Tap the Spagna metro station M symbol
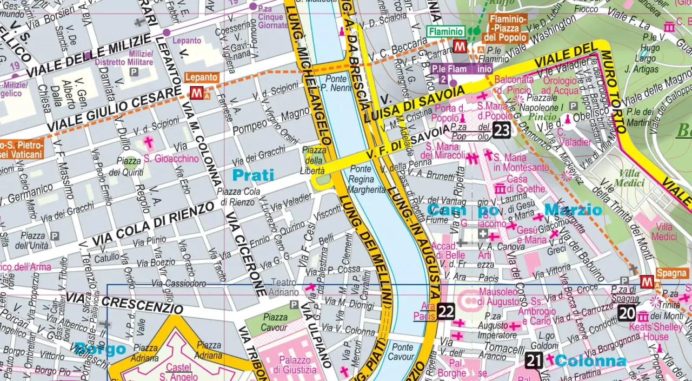[646, 282]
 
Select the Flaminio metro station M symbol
[460, 46]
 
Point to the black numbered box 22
[446, 311]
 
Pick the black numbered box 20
[627, 313]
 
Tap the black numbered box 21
[534, 360]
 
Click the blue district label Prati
[253, 175]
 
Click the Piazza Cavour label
[274, 322]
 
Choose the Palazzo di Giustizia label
[294, 365]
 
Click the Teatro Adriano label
[284, 287]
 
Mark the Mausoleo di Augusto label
[501, 296]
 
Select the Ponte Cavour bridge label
[402, 352]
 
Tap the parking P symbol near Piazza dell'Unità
[55, 236]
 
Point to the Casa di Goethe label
[517, 184]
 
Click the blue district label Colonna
[590, 361]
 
